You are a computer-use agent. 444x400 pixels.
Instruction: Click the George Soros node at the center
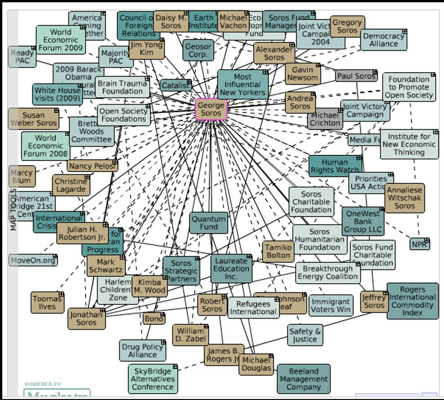pos(211,110)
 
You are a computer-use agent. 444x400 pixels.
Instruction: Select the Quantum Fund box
pos(209,223)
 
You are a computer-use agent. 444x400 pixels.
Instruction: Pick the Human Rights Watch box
pos(335,166)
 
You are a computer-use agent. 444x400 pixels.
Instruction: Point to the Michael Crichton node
pos(325,119)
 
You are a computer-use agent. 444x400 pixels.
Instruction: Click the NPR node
pos(420,244)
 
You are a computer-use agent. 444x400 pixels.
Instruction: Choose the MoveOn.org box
pos(33,260)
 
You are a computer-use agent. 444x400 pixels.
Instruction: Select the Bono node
pos(154,318)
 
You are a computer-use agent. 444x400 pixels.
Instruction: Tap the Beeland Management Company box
pos(304,379)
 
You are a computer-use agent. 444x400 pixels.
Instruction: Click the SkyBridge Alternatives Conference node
pos(153,379)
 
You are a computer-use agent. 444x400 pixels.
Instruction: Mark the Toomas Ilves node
pos(47,303)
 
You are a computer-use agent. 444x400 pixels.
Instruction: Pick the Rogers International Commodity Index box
pos(412,301)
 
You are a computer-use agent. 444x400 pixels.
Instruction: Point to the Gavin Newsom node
pos(303,74)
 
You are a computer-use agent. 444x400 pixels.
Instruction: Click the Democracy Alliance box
pos(383,40)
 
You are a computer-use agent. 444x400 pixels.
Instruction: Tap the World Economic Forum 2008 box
pos(45,146)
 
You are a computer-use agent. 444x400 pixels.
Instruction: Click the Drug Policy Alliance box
pos(142,351)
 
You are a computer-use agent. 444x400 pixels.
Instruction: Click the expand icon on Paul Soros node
pos(375,72)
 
